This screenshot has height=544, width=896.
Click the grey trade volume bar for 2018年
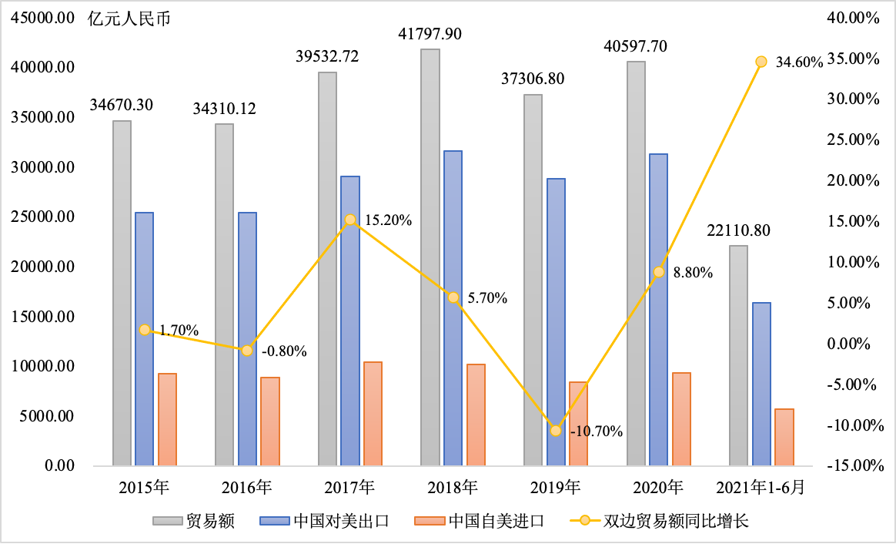coord(430,257)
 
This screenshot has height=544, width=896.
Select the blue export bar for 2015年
coord(144,339)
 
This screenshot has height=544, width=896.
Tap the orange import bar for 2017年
coord(373,414)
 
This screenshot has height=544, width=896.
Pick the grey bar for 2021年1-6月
coord(738,355)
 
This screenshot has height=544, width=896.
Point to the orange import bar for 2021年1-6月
coord(784,437)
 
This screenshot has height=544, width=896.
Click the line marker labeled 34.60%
coord(761,62)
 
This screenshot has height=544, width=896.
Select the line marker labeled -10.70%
coord(556,430)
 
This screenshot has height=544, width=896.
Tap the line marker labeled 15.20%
coord(350,220)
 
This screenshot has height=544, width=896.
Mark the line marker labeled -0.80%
coord(247,350)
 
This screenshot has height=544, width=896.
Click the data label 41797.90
coord(430,34)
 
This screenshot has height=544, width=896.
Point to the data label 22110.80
coord(738,230)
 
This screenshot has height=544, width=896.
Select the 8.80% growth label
coord(693,272)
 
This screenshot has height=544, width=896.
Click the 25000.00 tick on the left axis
coord(46,217)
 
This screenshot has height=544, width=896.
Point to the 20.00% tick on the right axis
coord(854,180)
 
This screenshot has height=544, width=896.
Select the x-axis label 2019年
coord(555,487)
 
